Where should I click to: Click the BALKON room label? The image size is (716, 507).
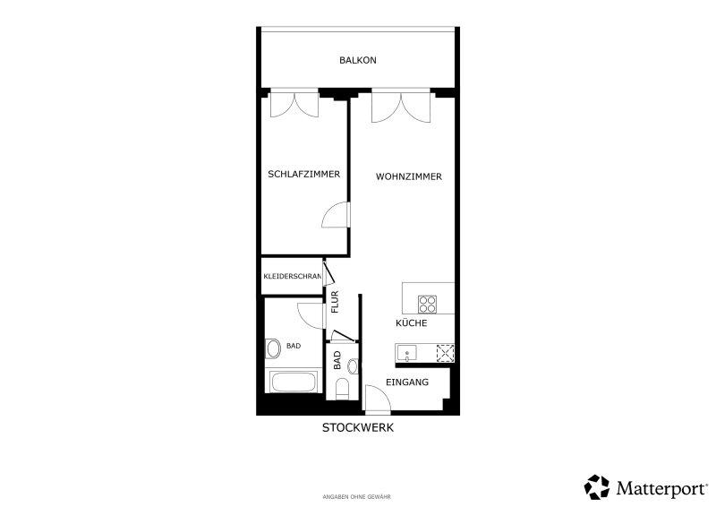[357, 60]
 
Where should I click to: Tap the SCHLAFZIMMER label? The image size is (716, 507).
[303, 174]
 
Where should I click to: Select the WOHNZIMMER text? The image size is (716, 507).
[409, 176]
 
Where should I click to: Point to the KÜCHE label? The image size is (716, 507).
[412, 322]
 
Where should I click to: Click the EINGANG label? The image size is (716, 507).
[407, 382]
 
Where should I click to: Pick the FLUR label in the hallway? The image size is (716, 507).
[335, 302]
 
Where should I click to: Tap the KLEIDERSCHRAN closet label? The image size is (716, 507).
[293, 277]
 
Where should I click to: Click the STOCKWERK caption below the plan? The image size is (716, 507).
[357, 428]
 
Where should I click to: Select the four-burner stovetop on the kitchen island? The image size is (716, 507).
[428, 305]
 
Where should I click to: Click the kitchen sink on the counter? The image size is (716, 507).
[406, 354]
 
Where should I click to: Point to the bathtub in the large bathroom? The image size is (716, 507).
[294, 382]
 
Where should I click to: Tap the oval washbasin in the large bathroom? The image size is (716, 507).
[273, 348]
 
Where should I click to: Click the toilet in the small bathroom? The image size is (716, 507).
[342, 389]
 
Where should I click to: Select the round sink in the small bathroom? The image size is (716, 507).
[353, 366]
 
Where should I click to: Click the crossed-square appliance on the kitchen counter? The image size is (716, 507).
[445, 354]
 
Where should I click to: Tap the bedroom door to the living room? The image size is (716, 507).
[336, 214]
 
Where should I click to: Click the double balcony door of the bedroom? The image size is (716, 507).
[294, 104]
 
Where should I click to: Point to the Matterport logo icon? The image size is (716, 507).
[597, 487]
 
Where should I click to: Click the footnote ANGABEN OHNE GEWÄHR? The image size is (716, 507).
[356, 497]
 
